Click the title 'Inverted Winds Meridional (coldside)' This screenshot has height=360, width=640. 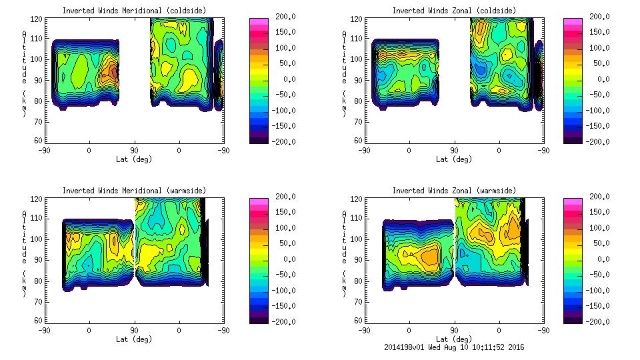pos(134,11)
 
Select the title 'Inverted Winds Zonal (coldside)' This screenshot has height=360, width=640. pos(453,11)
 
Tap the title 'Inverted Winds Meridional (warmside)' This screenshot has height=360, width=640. pos(134,191)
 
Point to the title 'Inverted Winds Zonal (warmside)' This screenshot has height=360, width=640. pos(453,191)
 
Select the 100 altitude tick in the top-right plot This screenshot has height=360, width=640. pos(357,59)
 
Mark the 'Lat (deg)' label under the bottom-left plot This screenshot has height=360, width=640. pos(134,339)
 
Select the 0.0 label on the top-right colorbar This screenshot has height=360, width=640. pos(590,79)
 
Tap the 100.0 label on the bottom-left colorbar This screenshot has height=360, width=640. pos(271,228)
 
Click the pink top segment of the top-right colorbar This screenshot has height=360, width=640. pos(571,22)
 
